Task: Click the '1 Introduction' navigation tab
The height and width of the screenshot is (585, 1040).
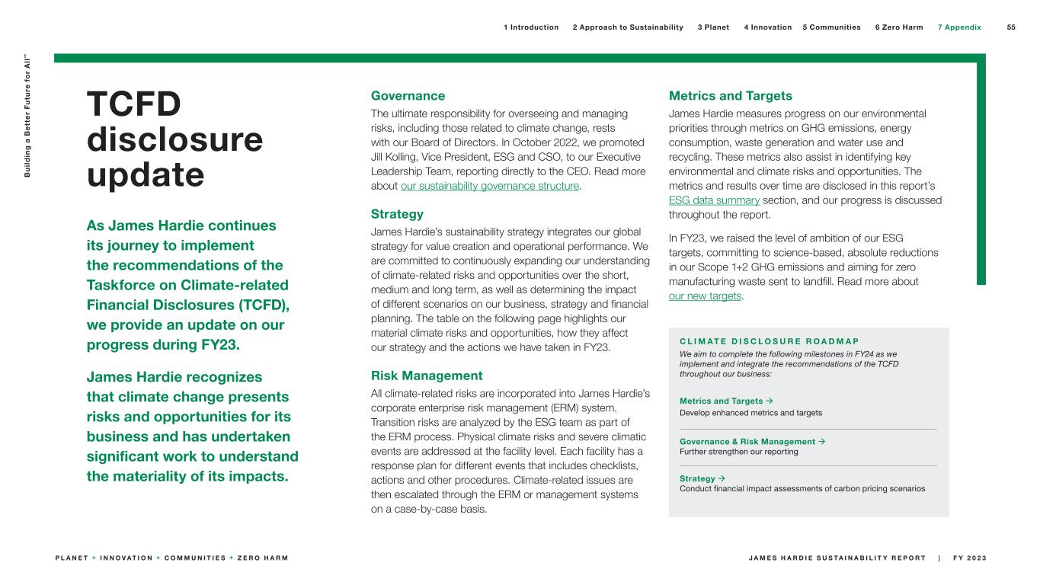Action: point(530,27)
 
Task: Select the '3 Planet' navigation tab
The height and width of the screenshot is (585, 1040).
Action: point(713,27)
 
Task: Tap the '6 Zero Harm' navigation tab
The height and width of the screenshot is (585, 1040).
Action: point(898,27)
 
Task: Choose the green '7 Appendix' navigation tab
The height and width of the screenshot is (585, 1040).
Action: point(959,27)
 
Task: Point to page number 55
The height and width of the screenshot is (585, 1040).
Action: point(1011,27)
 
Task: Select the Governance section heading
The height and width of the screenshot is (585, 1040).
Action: point(408,96)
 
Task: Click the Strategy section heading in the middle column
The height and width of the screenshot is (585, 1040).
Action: point(397,214)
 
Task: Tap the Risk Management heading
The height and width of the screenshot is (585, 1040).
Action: point(427,376)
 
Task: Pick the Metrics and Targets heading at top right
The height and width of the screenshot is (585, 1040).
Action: point(730,96)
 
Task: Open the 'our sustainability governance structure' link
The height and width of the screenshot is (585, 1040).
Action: point(489,186)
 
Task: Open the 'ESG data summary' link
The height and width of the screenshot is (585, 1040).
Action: point(714,200)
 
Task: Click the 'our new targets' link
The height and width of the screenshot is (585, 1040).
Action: point(705,296)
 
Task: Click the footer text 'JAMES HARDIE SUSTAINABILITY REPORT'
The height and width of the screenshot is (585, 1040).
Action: point(836,558)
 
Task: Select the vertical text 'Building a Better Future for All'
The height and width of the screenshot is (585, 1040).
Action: point(29,115)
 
